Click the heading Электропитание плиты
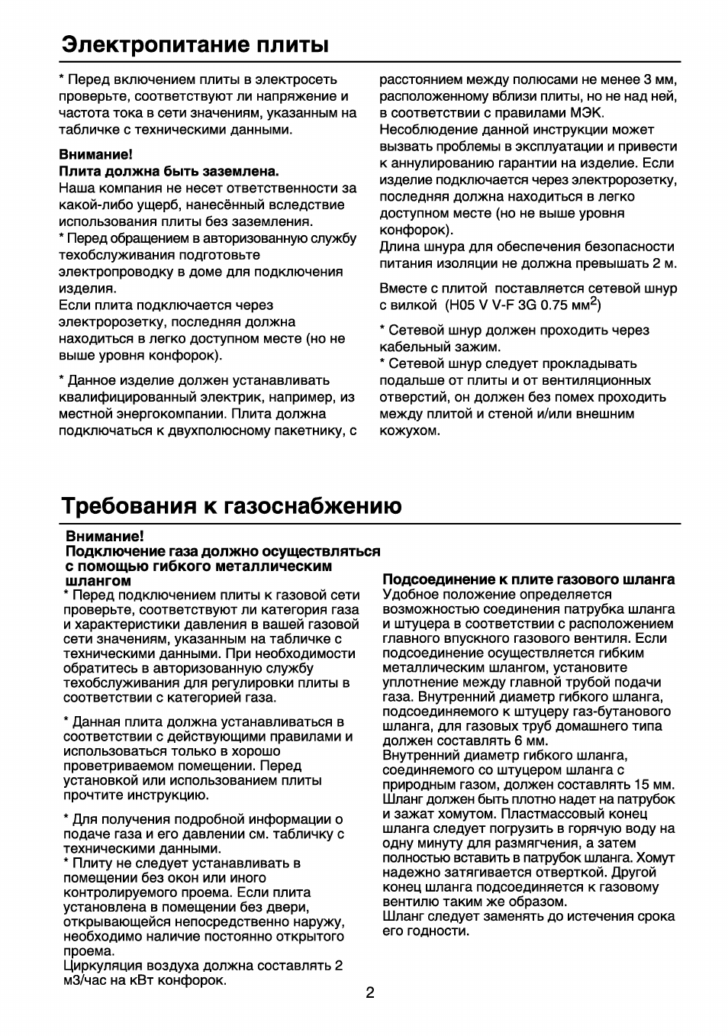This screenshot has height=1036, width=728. pyautogui.click(x=195, y=44)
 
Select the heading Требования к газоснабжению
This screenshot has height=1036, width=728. pyautogui.click(x=231, y=506)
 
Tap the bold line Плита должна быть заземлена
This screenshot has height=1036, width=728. pyautogui.click(x=169, y=170)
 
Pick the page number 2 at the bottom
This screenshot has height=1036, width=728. pyautogui.click(x=369, y=992)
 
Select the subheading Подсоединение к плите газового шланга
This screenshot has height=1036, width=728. pyautogui.click(x=528, y=579)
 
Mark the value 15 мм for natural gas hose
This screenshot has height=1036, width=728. pyautogui.click(x=654, y=784)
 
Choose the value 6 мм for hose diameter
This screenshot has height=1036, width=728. pyautogui.click(x=531, y=741)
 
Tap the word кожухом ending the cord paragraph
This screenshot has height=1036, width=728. pyautogui.click(x=410, y=431)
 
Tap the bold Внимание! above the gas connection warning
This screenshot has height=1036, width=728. pyautogui.click(x=105, y=537)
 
